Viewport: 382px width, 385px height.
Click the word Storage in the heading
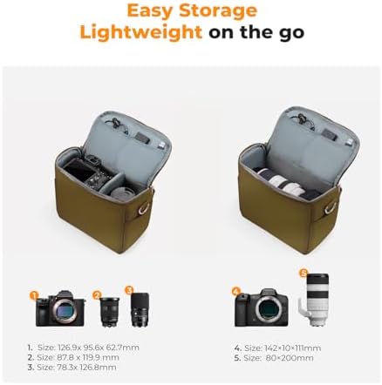click(218, 11)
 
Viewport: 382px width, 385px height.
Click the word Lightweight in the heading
click(141, 32)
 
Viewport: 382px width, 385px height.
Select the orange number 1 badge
click(34, 295)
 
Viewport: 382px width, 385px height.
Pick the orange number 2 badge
click(97, 295)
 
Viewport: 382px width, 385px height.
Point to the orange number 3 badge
click(129, 290)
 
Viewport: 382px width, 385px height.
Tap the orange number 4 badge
click(236, 291)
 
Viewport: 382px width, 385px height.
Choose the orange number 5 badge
click(304, 273)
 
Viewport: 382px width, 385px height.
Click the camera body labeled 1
click(60, 308)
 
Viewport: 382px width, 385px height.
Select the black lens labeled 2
click(109, 312)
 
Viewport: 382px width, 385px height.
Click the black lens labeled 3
click(140, 310)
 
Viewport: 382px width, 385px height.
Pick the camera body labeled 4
click(262, 307)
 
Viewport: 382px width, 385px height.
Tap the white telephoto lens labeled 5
click(314, 300)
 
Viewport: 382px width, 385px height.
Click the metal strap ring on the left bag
click(144, 208)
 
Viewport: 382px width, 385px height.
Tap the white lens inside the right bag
click(283, 183)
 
